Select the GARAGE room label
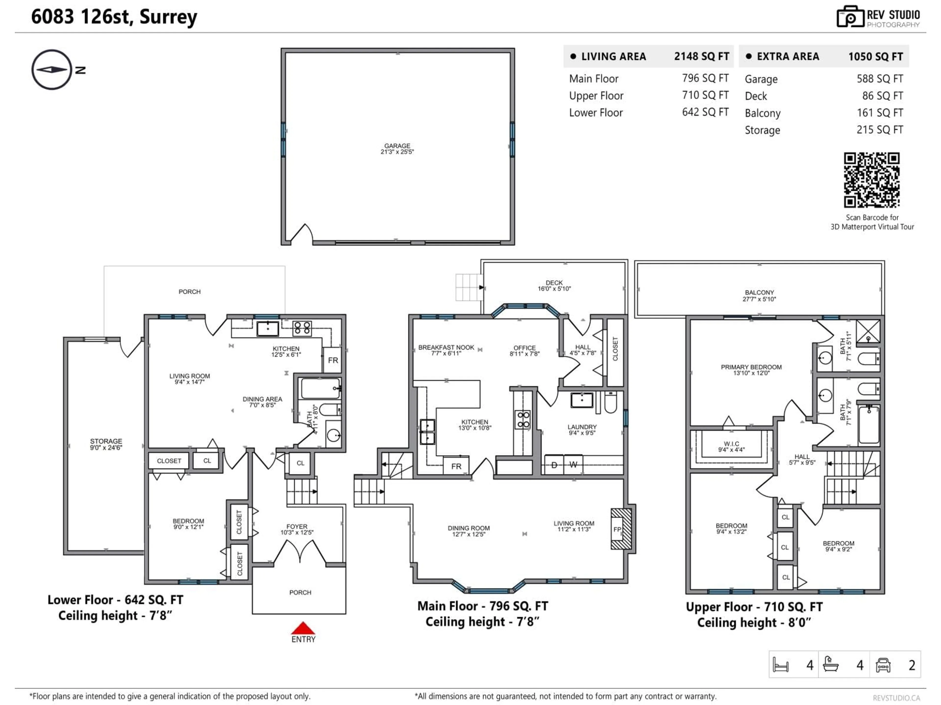coord(397,148)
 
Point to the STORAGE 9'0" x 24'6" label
coord(106,444)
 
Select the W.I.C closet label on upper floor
coord(731,446)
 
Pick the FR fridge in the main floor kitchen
coord(456,466)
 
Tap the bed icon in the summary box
coord(781,665)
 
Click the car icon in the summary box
coord(883,665)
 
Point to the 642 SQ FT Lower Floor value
coord(705,112)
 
